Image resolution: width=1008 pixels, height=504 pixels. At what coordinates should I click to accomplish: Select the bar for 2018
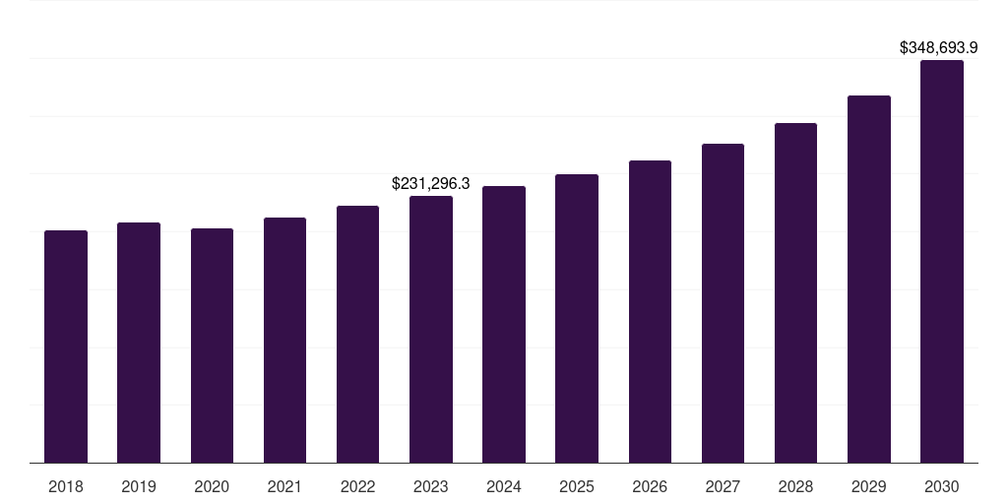pos(66,346)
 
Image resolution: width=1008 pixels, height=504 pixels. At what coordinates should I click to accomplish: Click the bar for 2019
pos(139,343)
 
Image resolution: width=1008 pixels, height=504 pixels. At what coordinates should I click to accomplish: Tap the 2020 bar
pos(212,346)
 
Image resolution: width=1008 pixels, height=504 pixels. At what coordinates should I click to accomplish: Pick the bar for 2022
pos(357,335)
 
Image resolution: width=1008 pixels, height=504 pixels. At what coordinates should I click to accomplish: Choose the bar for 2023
pos(431,330)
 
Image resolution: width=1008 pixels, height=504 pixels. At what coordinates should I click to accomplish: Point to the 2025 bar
pos(577,319)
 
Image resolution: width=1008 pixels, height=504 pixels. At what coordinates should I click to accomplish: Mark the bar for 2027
pos(723,303)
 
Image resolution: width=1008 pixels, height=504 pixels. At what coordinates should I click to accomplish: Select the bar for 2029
pos(869,280)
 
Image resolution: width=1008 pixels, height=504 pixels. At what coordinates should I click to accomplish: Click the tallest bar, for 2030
pos(942,262)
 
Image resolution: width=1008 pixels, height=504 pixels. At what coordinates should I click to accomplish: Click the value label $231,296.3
pos(431,183)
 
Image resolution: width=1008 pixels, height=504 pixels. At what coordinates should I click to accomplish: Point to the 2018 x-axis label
pos(66,486)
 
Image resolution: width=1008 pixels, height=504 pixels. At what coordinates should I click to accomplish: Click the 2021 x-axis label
pos(284,486)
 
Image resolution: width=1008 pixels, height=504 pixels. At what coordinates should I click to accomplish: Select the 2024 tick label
pos(504,486)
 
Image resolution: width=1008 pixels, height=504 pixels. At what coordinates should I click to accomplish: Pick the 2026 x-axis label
pos(650,486)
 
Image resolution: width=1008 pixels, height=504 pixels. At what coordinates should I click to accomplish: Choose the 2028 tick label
pos(795,486)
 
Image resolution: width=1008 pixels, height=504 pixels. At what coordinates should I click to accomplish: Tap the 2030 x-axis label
pos(942,486)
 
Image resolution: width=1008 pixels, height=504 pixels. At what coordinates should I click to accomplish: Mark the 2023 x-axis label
pos(431,486)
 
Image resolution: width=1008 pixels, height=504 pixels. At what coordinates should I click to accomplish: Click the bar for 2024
pos(504,325)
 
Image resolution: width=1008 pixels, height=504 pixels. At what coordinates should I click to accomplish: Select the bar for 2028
pos(795,293)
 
